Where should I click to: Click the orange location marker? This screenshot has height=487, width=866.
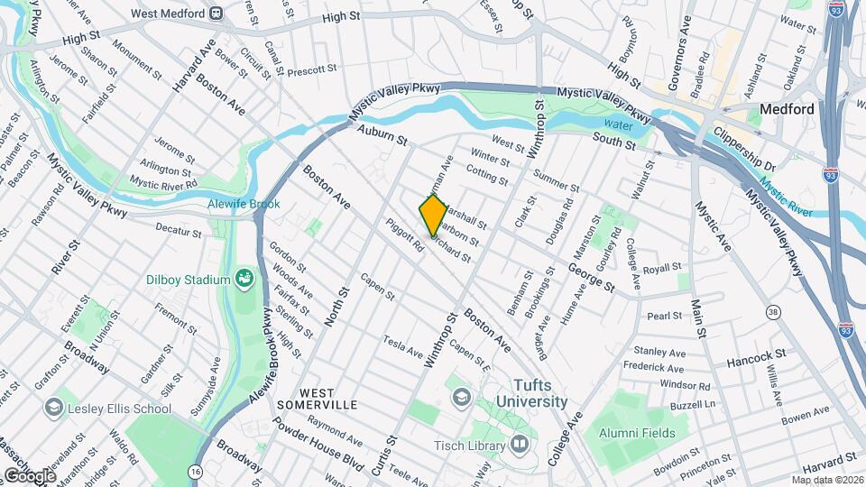tap(433, 215)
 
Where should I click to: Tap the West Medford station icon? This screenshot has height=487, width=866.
tap(216, 14)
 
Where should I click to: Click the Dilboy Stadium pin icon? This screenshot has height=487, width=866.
tap(244, 280)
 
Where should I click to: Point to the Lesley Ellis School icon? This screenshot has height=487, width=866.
tap(54, 409)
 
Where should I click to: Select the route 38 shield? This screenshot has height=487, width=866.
tap(772, 312)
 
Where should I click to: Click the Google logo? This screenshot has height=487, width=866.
tap(30, 475)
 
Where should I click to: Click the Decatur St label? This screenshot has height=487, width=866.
tap(177, 231)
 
